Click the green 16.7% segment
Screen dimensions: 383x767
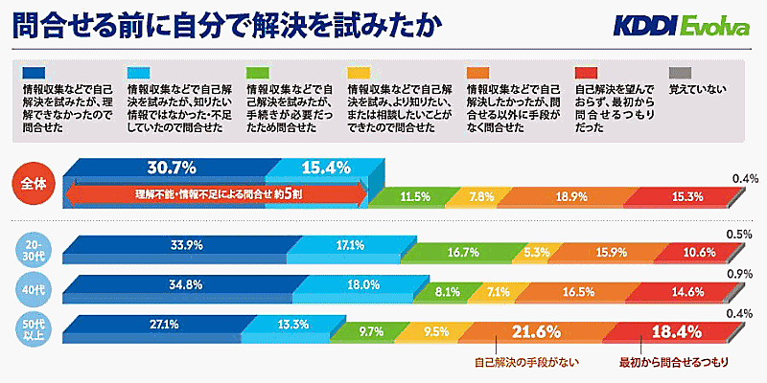point(463,253)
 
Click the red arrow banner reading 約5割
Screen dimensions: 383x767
point(216,194)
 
